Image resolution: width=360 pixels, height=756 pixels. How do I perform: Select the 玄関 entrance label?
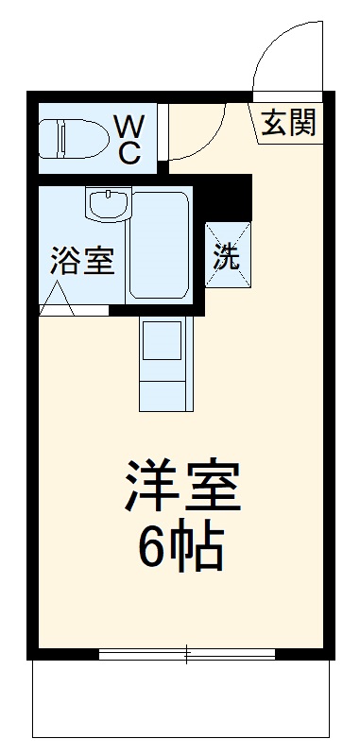click(287, 123)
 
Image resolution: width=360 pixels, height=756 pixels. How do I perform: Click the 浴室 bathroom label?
click(81, 260)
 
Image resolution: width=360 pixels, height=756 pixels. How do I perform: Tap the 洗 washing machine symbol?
click(227, 256)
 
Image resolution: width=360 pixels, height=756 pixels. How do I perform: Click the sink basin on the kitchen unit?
click(166, 339)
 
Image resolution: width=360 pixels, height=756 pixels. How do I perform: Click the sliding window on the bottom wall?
click(186, 653)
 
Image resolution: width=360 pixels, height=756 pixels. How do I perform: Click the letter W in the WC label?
click(129, 123)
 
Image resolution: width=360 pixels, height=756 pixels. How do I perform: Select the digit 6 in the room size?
click(152, 545)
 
